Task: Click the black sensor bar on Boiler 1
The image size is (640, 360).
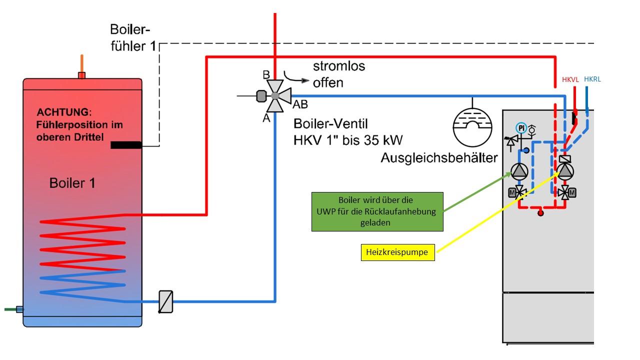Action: click(x=126, y=145)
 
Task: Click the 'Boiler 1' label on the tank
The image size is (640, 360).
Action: click(x=72, y=183)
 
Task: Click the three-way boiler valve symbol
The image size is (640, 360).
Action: click(x=274, y=95)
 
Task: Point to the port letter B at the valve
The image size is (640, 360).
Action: click(x=266, y=75)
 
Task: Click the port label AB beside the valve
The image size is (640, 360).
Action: click(x=300, y=104)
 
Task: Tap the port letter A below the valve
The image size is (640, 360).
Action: click(x=266, y=118)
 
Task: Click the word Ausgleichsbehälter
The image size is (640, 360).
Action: click(x=439, y=158)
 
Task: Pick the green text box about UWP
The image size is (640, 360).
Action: click(x=377, y=211)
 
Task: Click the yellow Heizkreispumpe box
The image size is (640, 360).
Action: click(x=397, y=252)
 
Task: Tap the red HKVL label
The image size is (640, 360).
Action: click(x=570, y=79)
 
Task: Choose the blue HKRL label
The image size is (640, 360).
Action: click(x=592, y=79)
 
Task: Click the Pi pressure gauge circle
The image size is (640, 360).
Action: click(x=521, y=127)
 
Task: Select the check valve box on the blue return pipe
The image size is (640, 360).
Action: click(x=165, y=301)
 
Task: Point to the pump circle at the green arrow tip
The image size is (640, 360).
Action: click(x=519, y=172)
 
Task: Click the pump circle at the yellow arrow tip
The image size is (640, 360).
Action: click(x=565, y=171)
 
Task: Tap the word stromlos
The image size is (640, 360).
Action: click(x=339, y=66)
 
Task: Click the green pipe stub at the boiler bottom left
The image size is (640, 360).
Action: click(x=12, y=309)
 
